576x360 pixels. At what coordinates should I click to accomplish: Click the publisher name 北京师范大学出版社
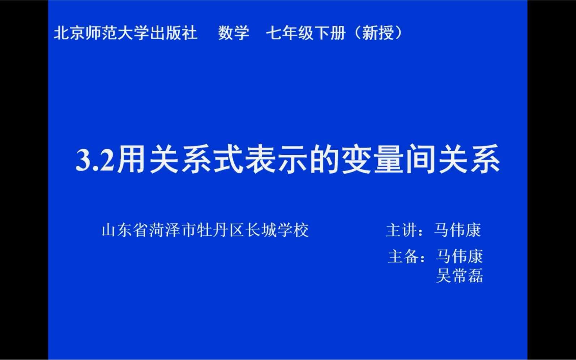coord(125,33)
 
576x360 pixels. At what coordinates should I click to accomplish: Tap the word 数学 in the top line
coord(234,33)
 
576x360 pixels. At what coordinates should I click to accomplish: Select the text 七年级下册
coord(306,33)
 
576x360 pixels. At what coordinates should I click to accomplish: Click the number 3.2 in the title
coord(95,160)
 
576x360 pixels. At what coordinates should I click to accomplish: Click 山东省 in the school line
coord(125,230)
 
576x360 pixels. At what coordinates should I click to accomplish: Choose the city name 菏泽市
coord(172,230)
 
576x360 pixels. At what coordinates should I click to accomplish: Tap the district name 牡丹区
coord(220,230)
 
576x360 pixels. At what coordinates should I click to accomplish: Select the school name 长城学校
coord(277,230)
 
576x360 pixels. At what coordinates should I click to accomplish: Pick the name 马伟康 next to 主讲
coord(458,230)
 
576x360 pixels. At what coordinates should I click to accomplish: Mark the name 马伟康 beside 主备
coord(460,257)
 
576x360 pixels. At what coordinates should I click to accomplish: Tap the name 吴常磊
coord(460,276)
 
